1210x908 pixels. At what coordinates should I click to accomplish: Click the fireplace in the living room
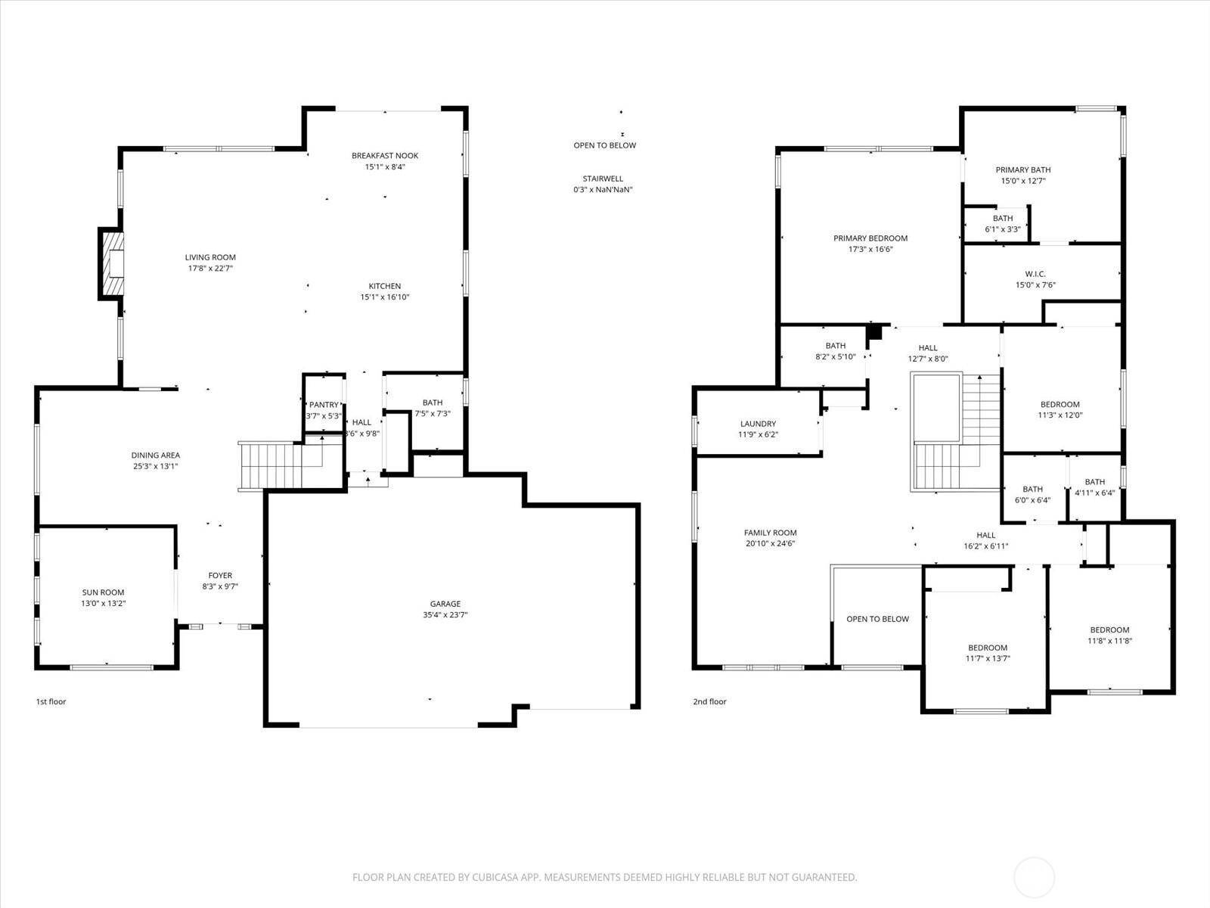111,263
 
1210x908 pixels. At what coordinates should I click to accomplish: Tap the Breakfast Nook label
385,155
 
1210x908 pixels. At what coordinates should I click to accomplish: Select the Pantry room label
324,405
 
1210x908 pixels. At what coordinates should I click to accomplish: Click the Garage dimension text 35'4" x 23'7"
445,614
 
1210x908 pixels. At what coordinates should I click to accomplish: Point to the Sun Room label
103,592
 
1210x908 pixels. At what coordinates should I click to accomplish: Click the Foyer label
220,575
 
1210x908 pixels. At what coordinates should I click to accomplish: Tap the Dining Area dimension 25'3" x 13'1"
156,466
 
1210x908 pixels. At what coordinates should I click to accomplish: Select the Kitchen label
385,285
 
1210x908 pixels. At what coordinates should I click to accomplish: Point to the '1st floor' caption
51,701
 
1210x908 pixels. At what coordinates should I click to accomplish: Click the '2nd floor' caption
709,701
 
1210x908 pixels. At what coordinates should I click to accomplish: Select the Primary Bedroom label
870,238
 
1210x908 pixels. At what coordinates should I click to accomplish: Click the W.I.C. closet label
1035,274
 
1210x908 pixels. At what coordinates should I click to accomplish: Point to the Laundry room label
758,424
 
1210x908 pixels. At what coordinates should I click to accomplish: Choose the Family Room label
770,533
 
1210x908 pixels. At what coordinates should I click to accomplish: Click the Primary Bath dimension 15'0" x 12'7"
1023,181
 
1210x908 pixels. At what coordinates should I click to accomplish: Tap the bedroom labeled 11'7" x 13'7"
988,653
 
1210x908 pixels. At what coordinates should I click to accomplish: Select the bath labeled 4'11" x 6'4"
1095,487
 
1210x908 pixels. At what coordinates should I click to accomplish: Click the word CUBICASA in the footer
494,877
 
